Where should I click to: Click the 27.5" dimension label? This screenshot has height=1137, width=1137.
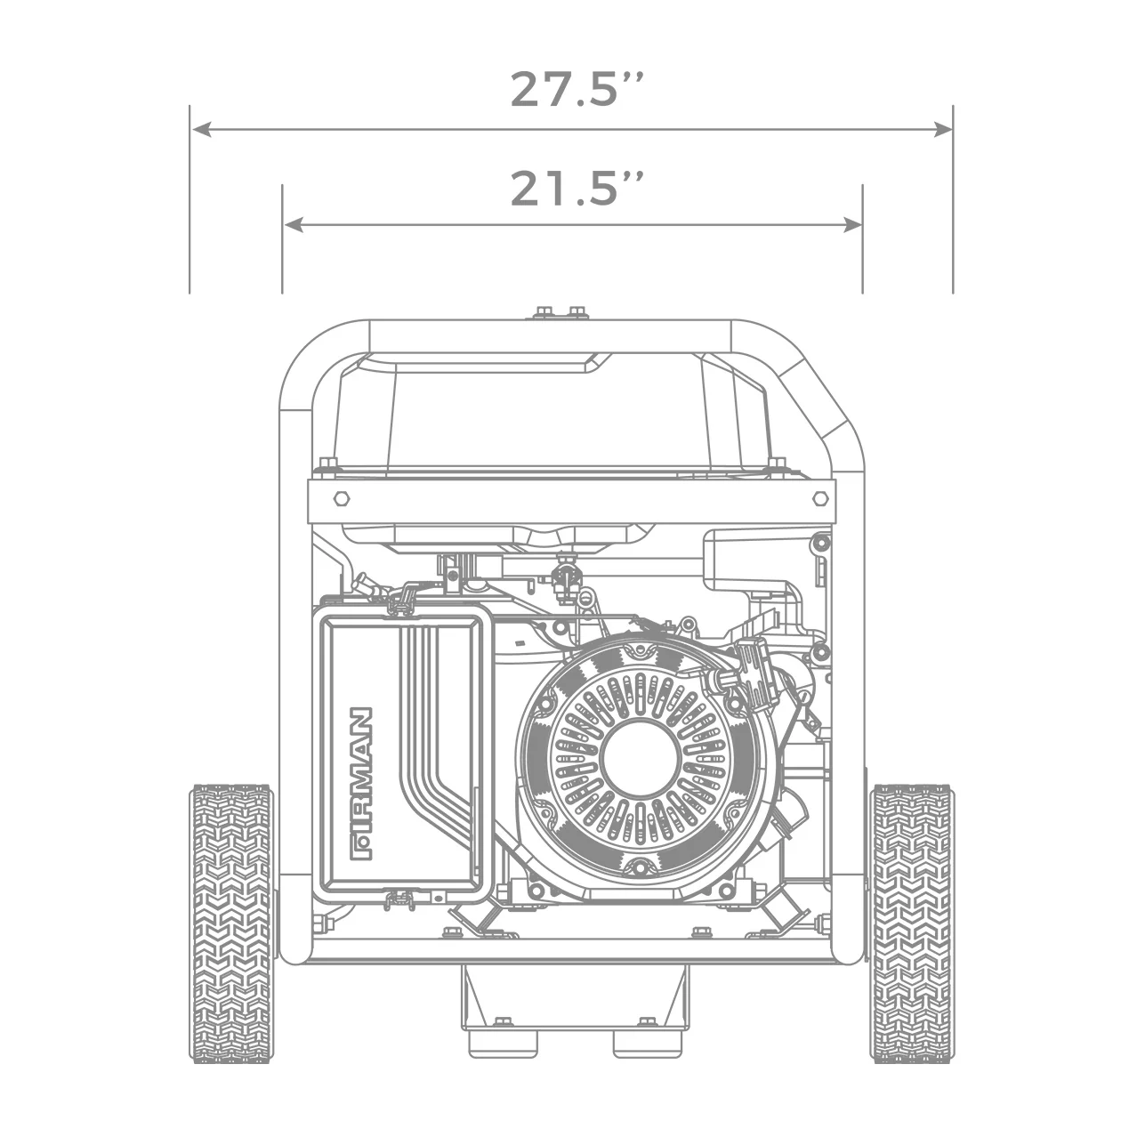(576, 89)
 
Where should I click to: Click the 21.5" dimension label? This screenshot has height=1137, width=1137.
(576, 188)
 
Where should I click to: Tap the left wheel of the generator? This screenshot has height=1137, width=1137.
(231, 923)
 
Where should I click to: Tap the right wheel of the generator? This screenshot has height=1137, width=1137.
(911, 923)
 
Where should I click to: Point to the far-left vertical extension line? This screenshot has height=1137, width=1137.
(189, 200)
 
